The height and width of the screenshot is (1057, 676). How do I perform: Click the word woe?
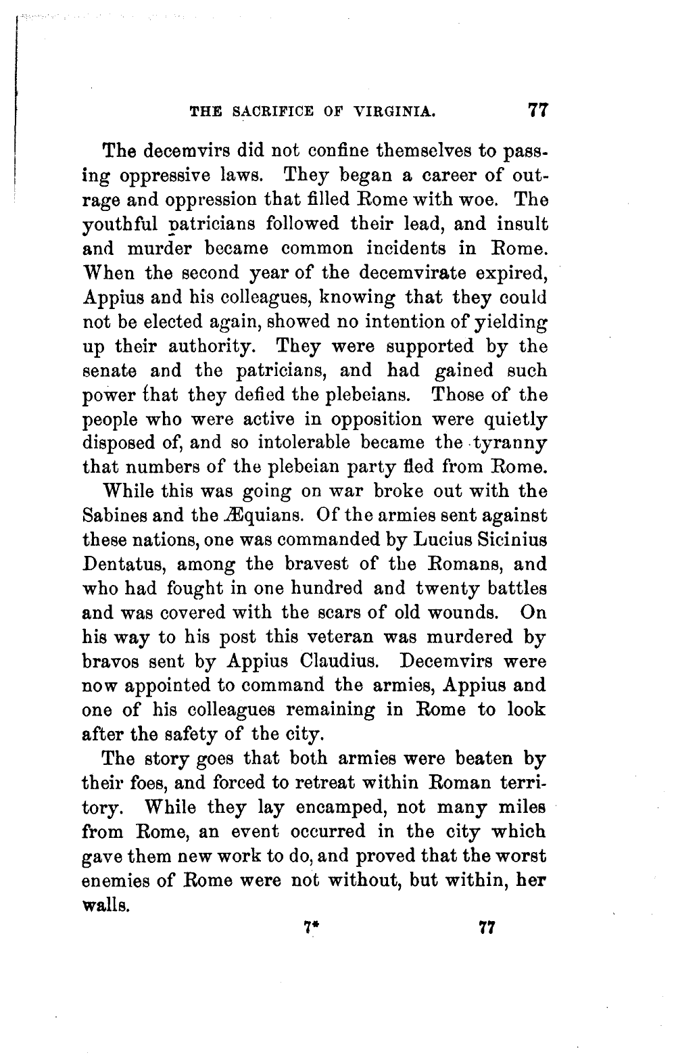point(483,199)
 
